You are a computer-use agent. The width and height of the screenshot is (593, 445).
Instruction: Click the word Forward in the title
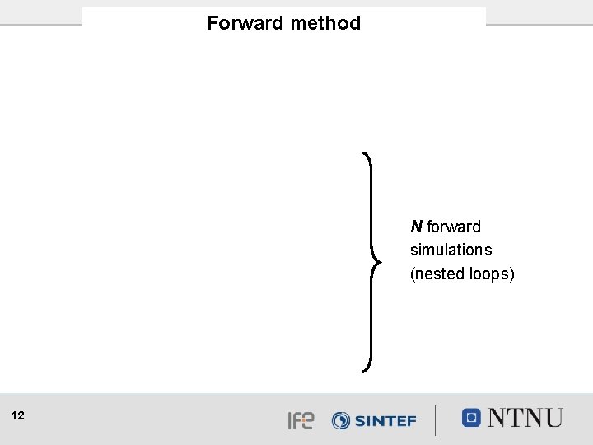point(245,23)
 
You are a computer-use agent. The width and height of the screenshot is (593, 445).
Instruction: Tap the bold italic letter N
point(416,227)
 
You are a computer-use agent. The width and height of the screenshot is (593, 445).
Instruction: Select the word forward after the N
point(454,227)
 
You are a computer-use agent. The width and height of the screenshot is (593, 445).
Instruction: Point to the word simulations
point(451,250)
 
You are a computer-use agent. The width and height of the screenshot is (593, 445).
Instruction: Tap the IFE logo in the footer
point(301,420)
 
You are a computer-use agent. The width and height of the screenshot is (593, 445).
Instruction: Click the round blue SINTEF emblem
point(341,420)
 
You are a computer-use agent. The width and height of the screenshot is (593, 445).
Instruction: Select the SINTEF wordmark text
point(385,420)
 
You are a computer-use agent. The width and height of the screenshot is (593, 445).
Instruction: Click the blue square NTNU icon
point(471,417)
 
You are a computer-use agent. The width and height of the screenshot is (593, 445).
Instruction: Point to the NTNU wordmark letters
point(525,418)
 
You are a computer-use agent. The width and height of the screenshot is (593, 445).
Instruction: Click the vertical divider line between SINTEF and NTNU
point(437,419)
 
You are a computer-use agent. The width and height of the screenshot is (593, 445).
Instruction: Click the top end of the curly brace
point(363,152)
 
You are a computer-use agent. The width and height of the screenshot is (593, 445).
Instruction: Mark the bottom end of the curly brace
point(363,371)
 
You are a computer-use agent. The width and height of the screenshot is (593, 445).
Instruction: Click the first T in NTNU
point(520,418)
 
